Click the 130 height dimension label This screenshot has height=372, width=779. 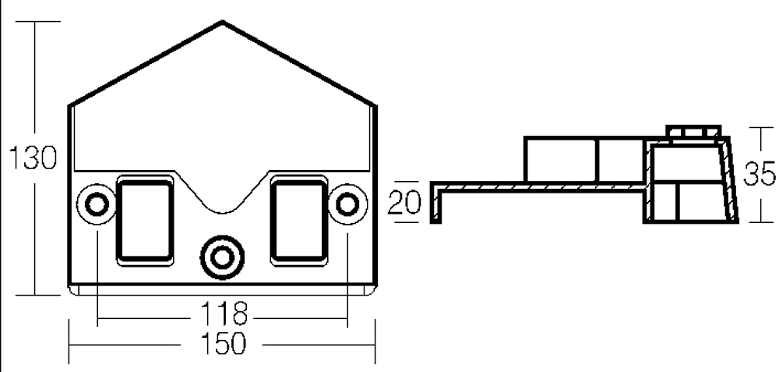(x=33, y=158)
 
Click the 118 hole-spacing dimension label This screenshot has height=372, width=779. (x=223, y=314)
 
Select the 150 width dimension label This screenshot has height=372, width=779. (x=223, y=343)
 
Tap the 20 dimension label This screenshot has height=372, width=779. (x=404, y=203)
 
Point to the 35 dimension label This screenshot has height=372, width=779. (x=759, y=174)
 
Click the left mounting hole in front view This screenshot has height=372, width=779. (x=97, y=204)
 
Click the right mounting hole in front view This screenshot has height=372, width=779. (x=347, y=204)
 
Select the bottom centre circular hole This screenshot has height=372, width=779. (x=222, y=257)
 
